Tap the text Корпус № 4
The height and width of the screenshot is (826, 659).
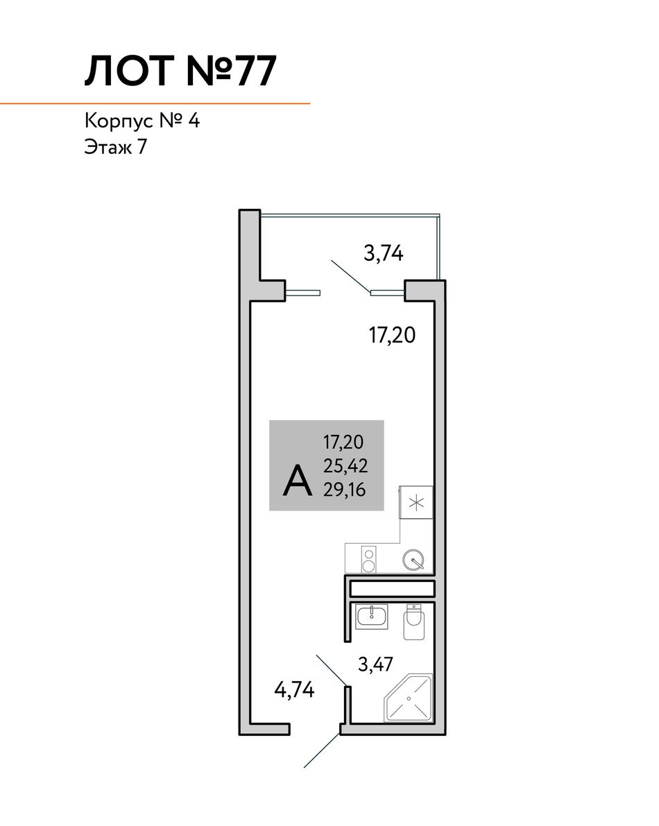coord(142,121)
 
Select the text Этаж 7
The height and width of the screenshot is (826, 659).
coord(115,147)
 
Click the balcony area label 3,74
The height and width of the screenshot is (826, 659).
coord(384,253)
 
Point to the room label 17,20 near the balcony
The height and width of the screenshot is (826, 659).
coord(393,335)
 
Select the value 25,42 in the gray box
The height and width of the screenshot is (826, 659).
coord(345,465)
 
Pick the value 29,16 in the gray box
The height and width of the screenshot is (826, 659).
coord(345,490)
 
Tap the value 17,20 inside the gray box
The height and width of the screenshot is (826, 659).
coord(343,442)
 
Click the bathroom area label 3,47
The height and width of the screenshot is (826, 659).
coord(375,664)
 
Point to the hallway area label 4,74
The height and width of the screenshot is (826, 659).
coord(295,689)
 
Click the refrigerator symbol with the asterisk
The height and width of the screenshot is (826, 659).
coord(416,504)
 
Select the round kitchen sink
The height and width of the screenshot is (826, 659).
coord(413,560)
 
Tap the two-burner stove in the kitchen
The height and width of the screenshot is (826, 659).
coord(369,560)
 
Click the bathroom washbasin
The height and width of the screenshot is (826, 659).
coord(372,617)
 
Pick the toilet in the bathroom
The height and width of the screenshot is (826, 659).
coord(415,622)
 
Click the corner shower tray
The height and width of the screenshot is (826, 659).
coord(409,698)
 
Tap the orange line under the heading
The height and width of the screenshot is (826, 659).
coord(155,104)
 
